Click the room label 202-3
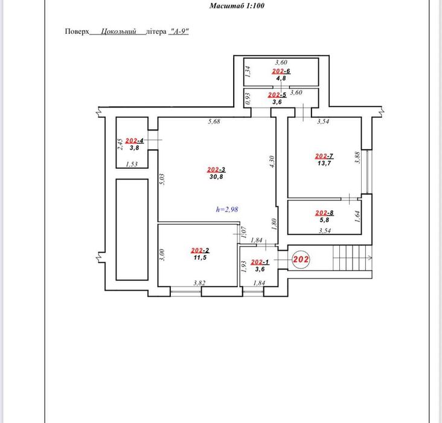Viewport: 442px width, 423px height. (x=216, y=170)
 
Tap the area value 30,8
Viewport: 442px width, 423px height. (x=216, y=176)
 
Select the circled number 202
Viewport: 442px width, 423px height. (x=301, y=259)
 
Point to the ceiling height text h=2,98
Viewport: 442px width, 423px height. (x=227, y=209)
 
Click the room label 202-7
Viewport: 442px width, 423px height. (x=324, y=156)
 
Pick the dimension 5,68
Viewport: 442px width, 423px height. (x=214, y=121)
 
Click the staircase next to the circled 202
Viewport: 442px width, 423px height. (x=353, y=257)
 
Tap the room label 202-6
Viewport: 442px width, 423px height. (x=281, y=71)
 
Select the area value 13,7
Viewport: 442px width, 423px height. (x=324, y=163)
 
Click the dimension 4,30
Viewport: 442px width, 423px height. (x=272, y=162)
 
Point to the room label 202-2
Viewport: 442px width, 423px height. (x=200, y=250)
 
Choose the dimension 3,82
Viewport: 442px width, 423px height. (x=199, y=283)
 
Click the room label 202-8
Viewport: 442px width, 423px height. (x=324, y=213)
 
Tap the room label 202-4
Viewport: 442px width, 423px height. (x=135, y=141)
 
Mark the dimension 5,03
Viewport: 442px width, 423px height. (x=162, y=179)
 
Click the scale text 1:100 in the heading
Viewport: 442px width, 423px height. (x=255, y=5)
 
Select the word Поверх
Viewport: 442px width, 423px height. (x=77, y=31)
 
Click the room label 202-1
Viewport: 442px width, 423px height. (x=260, y=262)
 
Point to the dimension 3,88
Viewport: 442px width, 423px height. (x=357, y=158)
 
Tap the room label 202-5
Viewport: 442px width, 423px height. (x=277, y=95)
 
